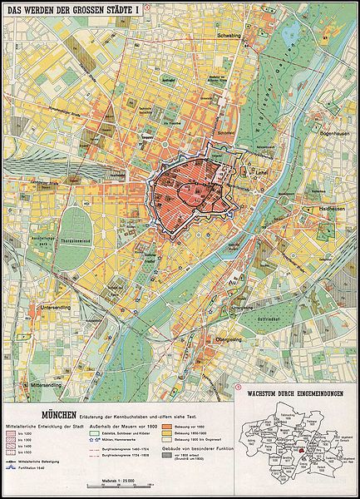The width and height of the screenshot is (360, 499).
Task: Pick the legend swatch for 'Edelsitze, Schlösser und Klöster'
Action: point(107,435)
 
